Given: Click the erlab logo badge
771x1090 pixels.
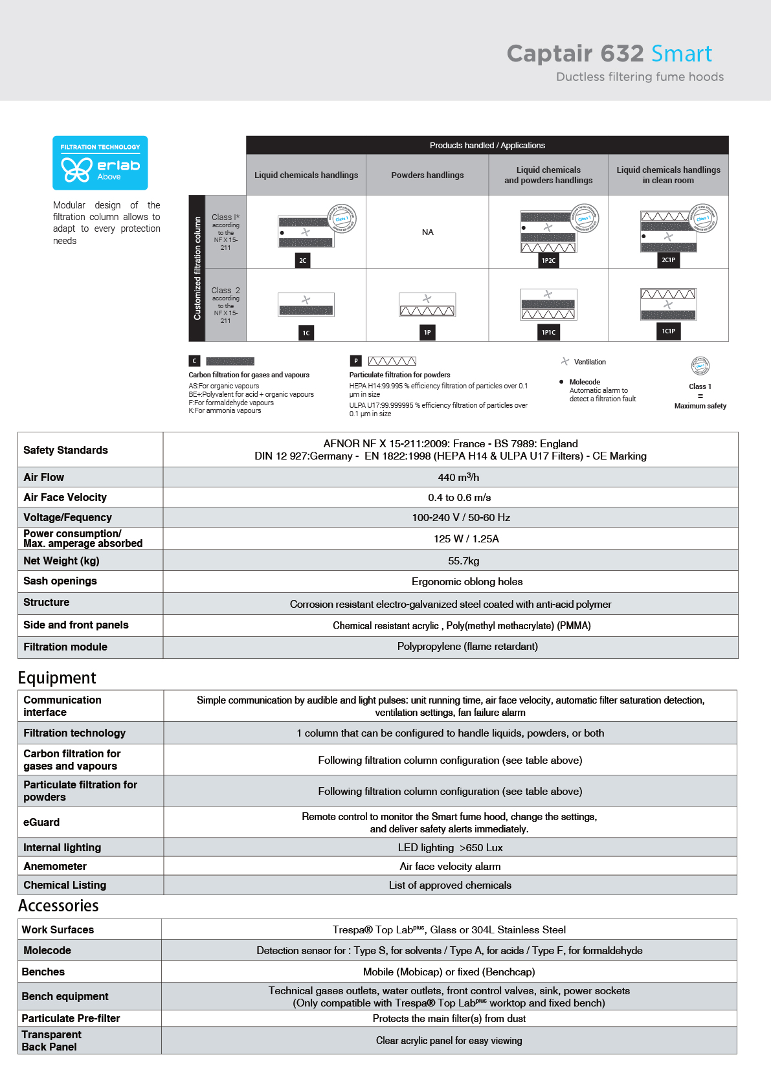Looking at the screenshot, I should click(x=100, y=162).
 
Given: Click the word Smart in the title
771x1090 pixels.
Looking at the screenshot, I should click(x=681, y=54).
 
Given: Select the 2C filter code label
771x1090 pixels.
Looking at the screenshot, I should click(x=302, y=260).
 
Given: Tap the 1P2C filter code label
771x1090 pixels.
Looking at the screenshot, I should click(x=548, y=260).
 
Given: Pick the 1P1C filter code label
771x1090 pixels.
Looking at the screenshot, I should click(x=548, y=332).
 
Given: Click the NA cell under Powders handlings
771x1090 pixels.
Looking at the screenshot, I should click(x=427, y=232).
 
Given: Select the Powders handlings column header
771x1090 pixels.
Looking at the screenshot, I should click(x=427, y=175).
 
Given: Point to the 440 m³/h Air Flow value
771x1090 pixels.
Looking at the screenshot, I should click(x=458, y=477).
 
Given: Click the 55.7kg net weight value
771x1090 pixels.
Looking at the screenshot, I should click(x=464, y=561).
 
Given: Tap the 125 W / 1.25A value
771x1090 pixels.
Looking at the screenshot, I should click(x=466, y=539).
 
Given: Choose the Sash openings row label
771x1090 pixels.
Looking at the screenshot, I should click(x=60, y=581).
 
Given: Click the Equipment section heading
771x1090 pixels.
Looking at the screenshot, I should click(x=57, y=678).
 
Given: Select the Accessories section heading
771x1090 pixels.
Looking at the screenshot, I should click(x=58, y=906).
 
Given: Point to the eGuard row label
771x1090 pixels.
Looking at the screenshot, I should click(x=41, y=822).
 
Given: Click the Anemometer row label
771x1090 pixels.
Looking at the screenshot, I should click(x=55, y=866).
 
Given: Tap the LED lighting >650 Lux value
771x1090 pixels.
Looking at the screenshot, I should click(x=450, y=847).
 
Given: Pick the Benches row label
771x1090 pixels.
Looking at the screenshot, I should click(x=43, y=972).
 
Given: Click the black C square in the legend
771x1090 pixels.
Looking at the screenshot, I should click(x=194, y=361).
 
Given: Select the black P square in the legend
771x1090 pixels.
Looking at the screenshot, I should click(x=355, y=361).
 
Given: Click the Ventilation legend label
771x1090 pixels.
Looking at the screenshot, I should click(x=590, y=362).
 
